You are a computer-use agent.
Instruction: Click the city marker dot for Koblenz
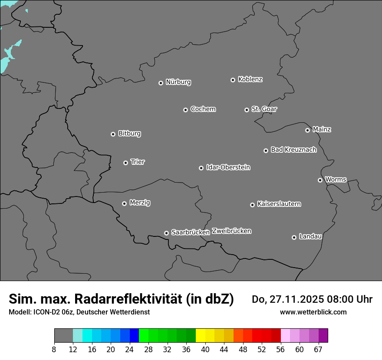[x=233, y=80]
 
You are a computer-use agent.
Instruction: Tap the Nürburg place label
[x=178, y=82]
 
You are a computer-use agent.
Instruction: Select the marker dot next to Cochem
[x=185, y=110]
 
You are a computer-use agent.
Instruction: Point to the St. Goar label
[x=264, y=109]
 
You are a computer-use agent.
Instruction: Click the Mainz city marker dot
[x=307, y=130]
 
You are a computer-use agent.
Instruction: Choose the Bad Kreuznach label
[x=293, y=150]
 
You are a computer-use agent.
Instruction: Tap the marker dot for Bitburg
[x=113, y=134]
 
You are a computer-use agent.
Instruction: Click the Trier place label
[x=138, y=162]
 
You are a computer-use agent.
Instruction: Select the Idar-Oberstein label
[x=228, y=167]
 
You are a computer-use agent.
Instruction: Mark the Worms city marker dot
[x=320, y=180]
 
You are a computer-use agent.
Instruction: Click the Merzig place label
[x=140, y=203]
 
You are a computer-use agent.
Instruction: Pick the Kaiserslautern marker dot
[x=252, y=205]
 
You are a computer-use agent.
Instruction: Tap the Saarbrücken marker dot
[x=166, y=233]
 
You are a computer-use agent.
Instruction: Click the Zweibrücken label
[x=231, y=231]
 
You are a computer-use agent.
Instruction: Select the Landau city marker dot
[x=294, y=237]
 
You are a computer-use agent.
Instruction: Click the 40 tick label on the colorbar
[x=205, y=349]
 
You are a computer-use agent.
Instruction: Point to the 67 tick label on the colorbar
[x=318, y=349]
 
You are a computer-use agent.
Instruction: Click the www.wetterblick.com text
[x=313, y=312]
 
